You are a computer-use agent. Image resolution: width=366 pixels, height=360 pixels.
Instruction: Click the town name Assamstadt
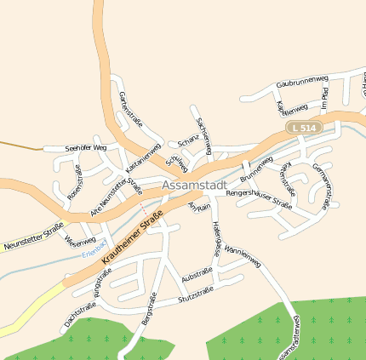coord(192,185)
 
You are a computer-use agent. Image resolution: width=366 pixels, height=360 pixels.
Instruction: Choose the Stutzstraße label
coord(196,295)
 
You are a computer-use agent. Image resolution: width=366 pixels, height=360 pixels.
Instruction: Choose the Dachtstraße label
coord(80,317)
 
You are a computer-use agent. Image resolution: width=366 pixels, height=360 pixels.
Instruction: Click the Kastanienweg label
coord(143,159)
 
